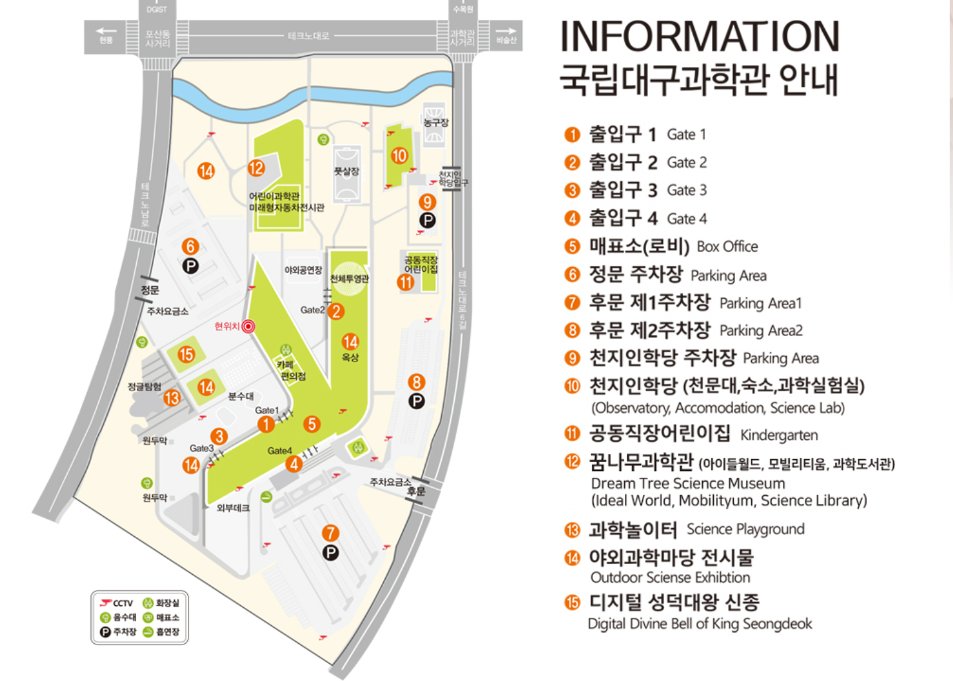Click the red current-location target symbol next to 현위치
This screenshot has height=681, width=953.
(248, 326)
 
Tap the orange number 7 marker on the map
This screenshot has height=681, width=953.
(330, 533)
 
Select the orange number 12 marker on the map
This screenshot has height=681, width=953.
(256, 168)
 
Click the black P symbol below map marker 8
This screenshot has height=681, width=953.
(416, 401)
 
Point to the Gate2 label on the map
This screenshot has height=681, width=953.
(312, 310)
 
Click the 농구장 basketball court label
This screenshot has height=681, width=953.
(436, 123)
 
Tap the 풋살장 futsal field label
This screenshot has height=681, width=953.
(347, 171)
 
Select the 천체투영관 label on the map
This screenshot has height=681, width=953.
(349, 279)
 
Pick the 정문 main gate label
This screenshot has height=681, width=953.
(150, 290)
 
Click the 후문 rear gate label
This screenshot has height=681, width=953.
(416, 492)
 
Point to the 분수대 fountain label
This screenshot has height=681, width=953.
(240, 396)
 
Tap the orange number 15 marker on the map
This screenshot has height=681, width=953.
(186, 354)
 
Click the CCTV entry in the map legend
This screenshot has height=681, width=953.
(117, 603)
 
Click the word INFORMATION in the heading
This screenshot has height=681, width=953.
(700, 37)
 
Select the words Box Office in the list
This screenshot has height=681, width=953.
(727, 246)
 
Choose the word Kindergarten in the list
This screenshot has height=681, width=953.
(779, 435)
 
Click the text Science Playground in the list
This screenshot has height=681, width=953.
(745, 529)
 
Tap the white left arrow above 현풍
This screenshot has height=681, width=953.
(106, 31)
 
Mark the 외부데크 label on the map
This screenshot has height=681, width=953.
(233, 508)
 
